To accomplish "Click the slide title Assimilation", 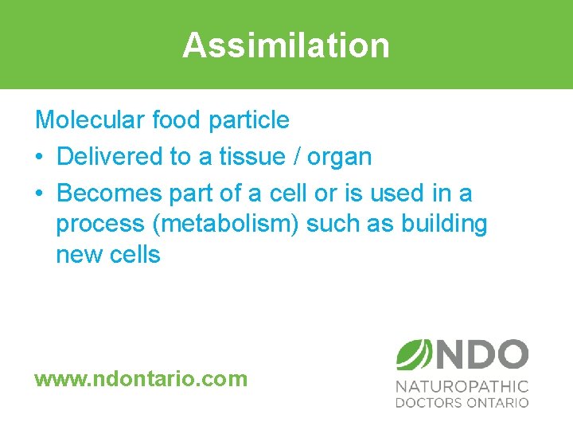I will [x=286, y=45].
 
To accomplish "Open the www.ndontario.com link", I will [x=141, y=378].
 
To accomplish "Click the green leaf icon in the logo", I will [x=412, y=354].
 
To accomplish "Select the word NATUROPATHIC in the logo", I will [x=462, y=386].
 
